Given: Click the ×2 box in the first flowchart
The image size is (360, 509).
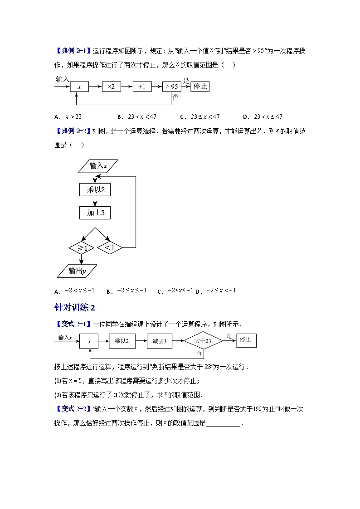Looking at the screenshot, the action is [x=111, y=87].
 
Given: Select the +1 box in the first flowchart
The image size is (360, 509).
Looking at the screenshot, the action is [x=142, y=87].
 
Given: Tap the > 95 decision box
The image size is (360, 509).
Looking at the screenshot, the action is [x=172, y=87].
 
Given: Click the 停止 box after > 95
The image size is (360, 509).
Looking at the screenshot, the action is [x=200, y=86].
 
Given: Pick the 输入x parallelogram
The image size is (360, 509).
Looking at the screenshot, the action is [x=98, y=166].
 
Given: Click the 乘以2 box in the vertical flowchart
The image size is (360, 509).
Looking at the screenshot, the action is [x=95, y=189].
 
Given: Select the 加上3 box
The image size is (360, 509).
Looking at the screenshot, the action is [x=95, y=213].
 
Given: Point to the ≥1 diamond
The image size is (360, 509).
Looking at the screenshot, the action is [x=82, y=248].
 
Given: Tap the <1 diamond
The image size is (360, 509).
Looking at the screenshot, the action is [x=109, y=248].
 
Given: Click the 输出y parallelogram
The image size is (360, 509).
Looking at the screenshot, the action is [x=78, y=271].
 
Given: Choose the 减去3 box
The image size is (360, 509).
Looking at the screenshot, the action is [x=159, y=342].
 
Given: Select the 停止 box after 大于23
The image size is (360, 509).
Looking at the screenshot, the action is [x=246, y=340].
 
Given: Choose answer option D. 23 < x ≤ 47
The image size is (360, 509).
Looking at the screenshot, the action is [x=263, y=116].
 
